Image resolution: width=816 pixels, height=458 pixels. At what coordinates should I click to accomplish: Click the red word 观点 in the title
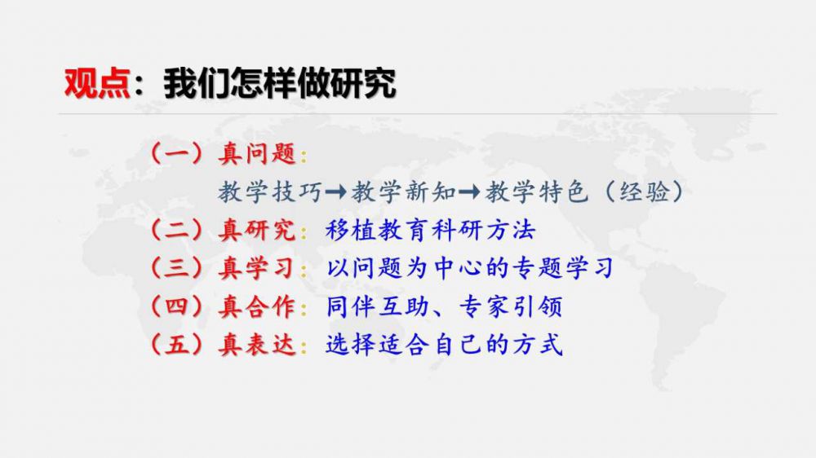(x=97, y=83)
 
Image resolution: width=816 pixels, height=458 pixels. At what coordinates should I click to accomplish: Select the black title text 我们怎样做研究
(x=280, y=83)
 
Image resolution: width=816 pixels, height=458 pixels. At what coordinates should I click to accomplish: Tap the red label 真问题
(x=257, y=154)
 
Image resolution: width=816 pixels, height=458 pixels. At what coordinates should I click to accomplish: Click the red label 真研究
(x=257, y=231)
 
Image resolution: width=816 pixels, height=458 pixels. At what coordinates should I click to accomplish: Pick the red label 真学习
(x=257, y=268)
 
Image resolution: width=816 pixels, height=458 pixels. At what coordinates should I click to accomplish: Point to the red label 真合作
(x=257, y=306)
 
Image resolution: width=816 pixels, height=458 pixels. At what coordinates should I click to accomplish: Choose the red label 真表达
(x=257, y=344)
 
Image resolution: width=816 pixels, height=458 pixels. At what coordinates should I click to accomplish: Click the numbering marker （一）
(x=176, y=154)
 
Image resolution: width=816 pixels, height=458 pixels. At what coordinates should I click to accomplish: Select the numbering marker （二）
(x=176, y=231)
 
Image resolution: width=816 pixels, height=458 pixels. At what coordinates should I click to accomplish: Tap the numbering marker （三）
(x=176, y=268)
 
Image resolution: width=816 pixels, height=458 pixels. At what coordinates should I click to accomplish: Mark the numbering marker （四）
(x=176, y=306)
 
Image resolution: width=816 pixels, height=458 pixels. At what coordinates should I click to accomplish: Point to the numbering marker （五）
(x=176, y=344)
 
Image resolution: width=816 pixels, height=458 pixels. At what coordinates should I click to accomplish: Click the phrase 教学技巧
(x=271, y=192)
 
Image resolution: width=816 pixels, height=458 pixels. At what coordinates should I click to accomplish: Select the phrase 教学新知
(x=405, y=192)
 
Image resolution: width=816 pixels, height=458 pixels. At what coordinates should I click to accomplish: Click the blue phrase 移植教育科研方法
(x=430, y=231)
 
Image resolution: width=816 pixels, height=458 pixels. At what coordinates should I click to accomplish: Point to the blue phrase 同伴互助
(x=378, y=306)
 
